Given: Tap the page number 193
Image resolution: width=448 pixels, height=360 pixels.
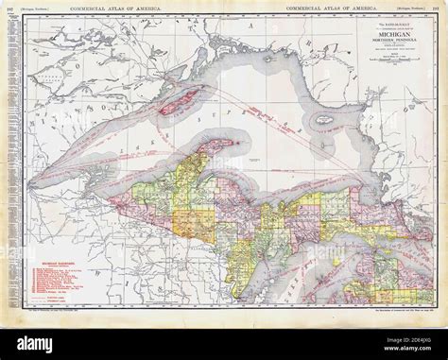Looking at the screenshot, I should coord(439,9).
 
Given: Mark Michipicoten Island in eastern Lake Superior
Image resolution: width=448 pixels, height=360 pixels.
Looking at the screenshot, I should coord(324,122).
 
